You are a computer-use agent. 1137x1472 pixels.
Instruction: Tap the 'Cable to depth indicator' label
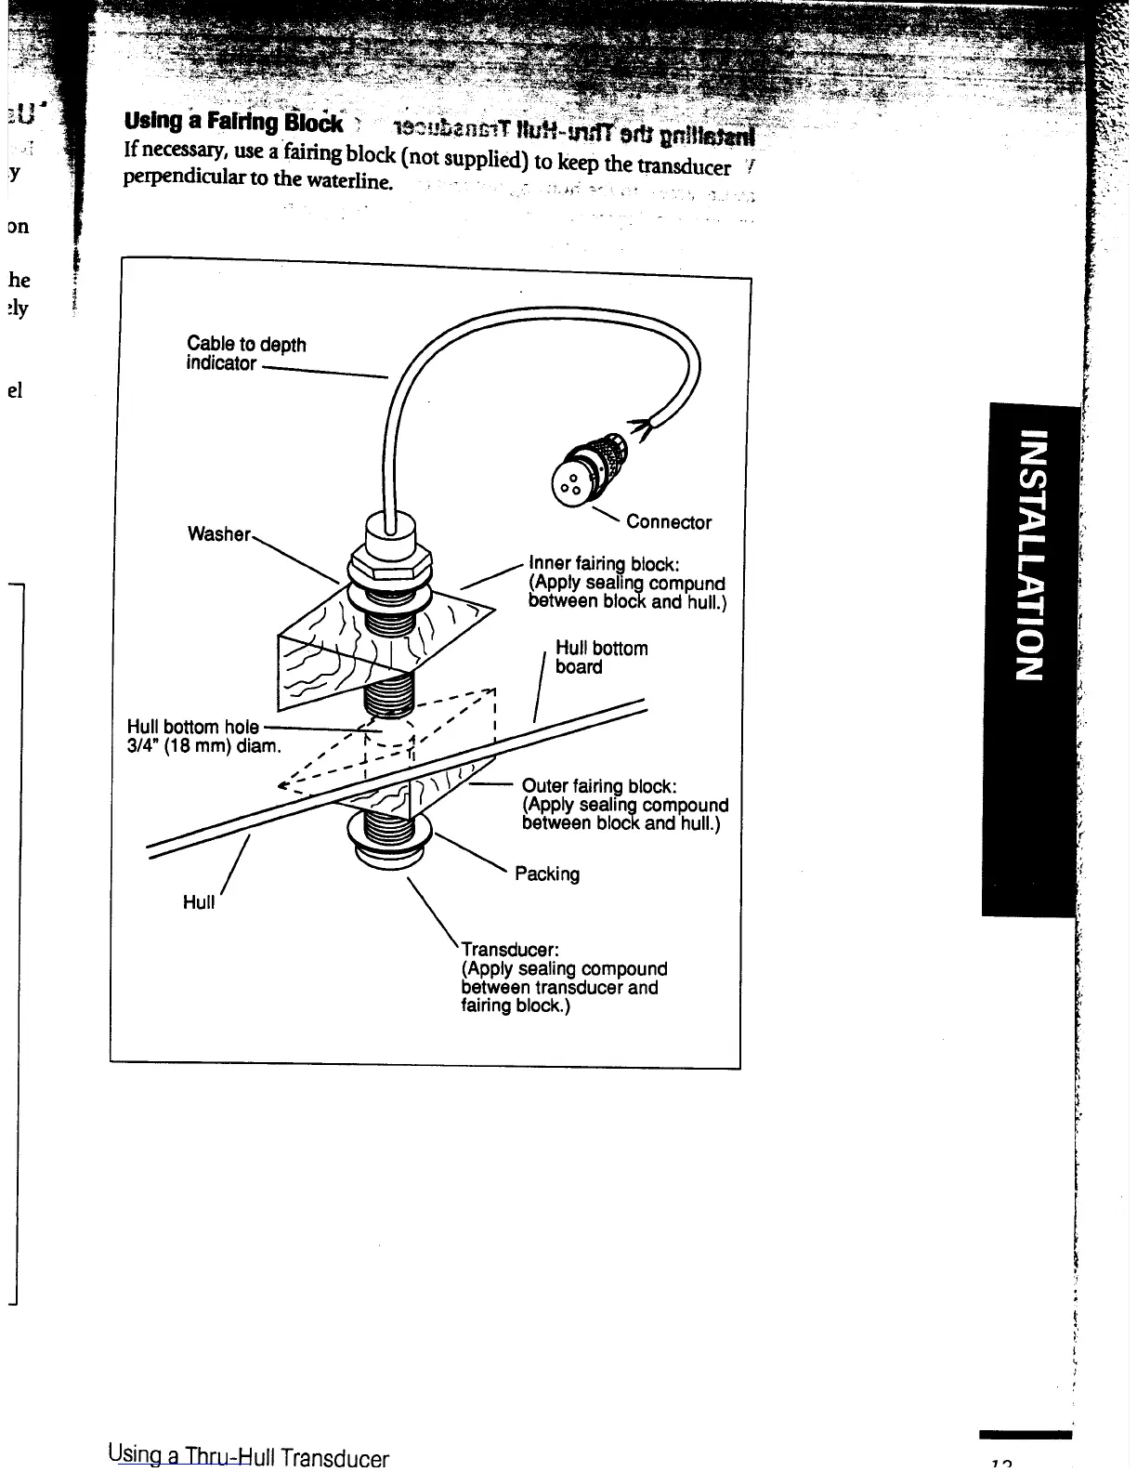point(245,353)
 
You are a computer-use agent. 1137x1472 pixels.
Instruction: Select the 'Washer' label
point(218,533)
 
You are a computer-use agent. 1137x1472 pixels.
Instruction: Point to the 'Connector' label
point(669,522)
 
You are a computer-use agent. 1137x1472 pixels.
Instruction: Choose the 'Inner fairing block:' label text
point(604,563)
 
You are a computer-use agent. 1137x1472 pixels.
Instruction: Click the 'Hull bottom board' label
point(601,657)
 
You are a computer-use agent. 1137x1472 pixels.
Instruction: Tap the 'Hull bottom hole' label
point(192,727)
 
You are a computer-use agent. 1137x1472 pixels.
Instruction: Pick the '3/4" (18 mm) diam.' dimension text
point(203,746)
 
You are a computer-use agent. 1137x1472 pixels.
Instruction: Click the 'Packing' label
point(547,874)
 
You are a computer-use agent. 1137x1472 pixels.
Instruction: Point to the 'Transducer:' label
point(510,950)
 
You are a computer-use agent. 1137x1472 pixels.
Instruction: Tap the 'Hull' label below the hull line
point(199,902)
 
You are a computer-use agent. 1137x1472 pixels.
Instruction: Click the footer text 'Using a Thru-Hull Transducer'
point(248,1456)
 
